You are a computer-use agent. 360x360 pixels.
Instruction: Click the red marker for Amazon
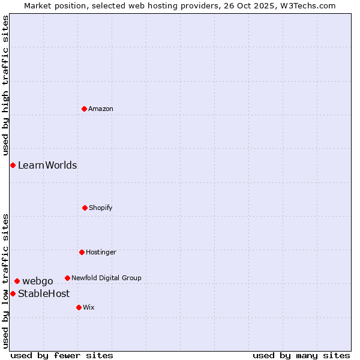(x=84, y=109)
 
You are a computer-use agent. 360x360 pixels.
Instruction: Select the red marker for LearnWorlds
(x=13, y=165)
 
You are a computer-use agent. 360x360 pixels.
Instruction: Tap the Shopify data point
(x=85, y=208)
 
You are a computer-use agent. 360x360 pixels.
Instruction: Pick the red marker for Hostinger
(x=82, y=252)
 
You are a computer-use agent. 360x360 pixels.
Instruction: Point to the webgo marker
(x=17, y=281)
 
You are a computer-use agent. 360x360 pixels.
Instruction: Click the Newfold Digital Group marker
(x=67, y=278)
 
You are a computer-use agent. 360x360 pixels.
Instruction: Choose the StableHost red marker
(x=13, y=293)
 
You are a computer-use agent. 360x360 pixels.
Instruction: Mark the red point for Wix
(x=79, y=307)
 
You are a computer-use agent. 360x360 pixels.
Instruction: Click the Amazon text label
(x=101, y=109)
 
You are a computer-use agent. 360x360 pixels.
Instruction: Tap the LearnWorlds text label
(x=47, y=165)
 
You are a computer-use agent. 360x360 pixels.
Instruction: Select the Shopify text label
(x=101, y=208)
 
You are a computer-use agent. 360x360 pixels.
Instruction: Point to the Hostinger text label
(x=101, y=252)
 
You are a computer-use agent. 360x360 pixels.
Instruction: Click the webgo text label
(x=38, y=281)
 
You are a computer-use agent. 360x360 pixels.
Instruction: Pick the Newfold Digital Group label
(x=106, y=278)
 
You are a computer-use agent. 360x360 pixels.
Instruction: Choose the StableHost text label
(x=44, y=293)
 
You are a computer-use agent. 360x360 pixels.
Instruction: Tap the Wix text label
(x=89, y=307)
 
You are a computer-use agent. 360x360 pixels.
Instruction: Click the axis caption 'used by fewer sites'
(x=62, y=355)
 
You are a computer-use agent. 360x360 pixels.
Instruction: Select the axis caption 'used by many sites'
(x=301, y=355)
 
